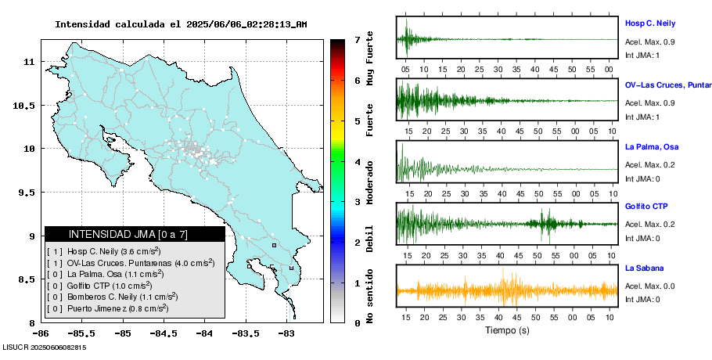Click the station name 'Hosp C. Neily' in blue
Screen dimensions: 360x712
click(x=649, y=23)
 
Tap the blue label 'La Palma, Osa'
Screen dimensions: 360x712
click(x=652, y=146)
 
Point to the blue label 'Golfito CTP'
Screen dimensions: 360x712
click(x=646, y=207)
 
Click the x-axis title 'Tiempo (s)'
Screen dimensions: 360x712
click(x=506, y=330)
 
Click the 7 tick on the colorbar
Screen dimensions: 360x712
click(x=357, y=39)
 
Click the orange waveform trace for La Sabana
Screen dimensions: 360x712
click(x=506, y=290)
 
